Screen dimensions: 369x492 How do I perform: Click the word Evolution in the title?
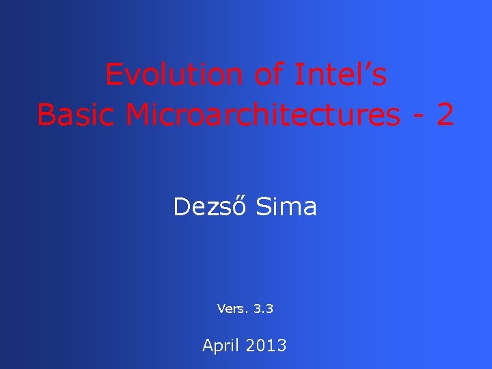point(174,75)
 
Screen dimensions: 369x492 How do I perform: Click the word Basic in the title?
point(77,115)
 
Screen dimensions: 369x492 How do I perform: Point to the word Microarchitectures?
point(263,115)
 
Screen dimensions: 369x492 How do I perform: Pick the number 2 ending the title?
point(445,115)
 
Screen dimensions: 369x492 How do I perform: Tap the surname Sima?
point(286,206)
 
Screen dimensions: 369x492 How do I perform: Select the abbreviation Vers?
point(233,309)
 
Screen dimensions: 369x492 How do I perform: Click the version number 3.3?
point(263,309)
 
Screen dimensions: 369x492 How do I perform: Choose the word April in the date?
point(219,346)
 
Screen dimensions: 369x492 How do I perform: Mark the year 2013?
point(264,346)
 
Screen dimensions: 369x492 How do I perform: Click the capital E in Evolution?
point(113,75)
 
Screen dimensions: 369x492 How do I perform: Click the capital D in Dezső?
point(182,206)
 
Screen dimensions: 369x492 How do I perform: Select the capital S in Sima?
point(263,206)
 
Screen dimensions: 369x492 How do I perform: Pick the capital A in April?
point(208,346)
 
